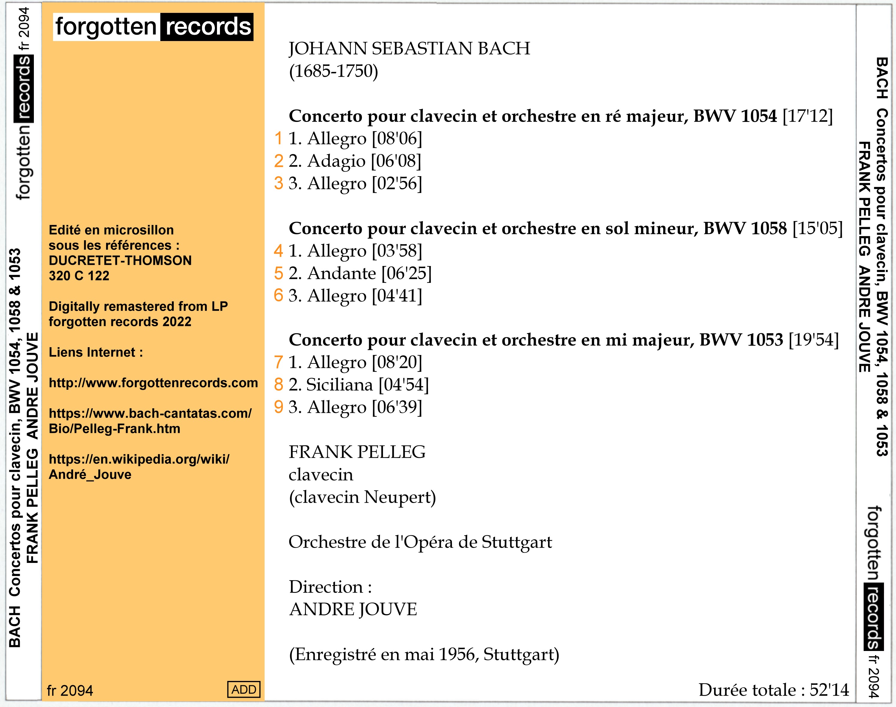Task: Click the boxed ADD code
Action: (x=243, y=689)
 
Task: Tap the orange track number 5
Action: (x=278, y=273)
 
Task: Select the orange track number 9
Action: (x=278, y=407)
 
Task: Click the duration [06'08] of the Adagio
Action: (x=396, y=161)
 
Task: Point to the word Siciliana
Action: (x=339, y=385)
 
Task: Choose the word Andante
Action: (x=342, y=273)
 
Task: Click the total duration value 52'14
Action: (x=829, y=690)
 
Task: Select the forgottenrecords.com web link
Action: (x=153, y=383)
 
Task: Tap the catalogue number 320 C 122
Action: (x=79, y=276)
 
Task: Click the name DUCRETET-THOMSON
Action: (x=120, y=260)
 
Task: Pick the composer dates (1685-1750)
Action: (x=333, y=71)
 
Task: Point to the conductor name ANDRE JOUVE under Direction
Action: (x=353, y=609)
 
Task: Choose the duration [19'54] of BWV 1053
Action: (x=813, y=340)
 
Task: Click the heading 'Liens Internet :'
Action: (x=96, y=352)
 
